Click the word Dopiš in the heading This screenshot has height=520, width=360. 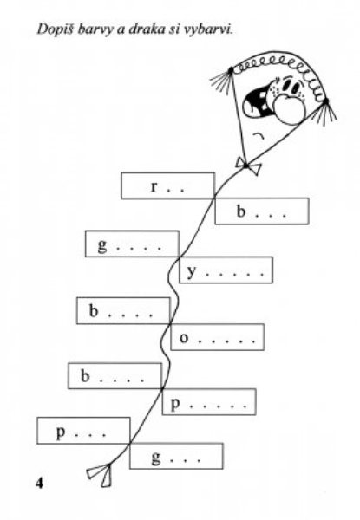click(55, 29)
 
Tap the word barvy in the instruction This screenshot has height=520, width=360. click(95, 29)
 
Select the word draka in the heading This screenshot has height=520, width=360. click(143, 29)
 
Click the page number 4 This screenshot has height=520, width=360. click(39, 483)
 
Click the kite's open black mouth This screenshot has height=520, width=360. click(258, 102)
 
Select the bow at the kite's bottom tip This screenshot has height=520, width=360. click(247, 166)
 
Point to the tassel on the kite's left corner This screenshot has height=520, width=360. click(222, 80)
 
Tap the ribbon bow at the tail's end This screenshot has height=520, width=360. click(101, 474)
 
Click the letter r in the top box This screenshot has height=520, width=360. click(153, 187)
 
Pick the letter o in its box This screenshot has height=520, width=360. click(184, 338)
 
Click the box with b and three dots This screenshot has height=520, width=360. click(262, 211)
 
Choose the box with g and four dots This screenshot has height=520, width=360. click(132, 244)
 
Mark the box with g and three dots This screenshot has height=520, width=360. click(176, 456)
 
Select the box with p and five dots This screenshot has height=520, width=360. click(209, 401)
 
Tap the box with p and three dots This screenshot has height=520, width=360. click(83, 431)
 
